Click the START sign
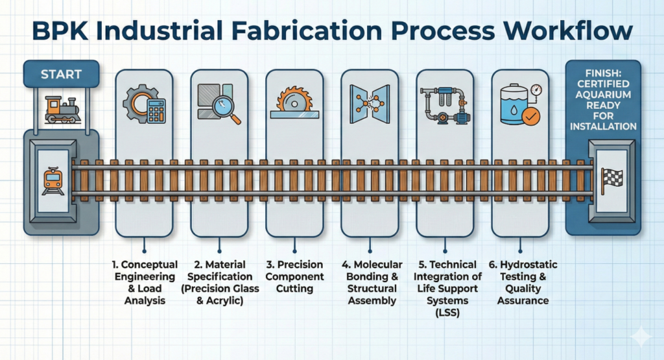coord(61,74)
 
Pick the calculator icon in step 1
coord(155,112)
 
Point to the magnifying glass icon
coord(228,111)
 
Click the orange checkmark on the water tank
coord(531,117)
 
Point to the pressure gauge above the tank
coord(536,89)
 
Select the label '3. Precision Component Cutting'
coord(296,276)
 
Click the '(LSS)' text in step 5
coord(444,313)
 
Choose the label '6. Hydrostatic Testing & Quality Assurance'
coord(523,283)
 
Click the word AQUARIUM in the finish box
coord(602,103)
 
